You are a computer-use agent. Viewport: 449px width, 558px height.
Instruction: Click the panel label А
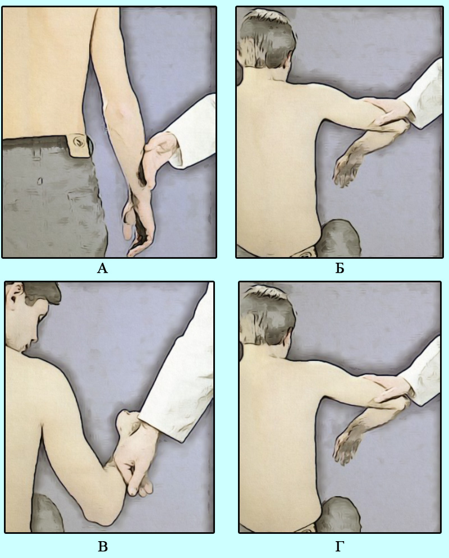(102, 268)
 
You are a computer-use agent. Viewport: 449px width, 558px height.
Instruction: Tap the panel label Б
(340, 268)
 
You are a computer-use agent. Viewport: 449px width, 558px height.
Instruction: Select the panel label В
(103, 546)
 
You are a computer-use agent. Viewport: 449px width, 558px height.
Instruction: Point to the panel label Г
(340, 546)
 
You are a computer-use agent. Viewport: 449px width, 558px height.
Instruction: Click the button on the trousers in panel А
(77, 142)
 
